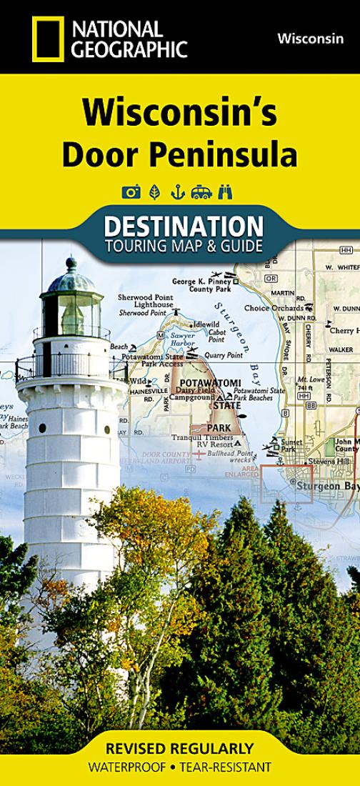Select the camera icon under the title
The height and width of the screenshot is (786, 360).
point(131,191)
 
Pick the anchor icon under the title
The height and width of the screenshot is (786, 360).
point(177,191)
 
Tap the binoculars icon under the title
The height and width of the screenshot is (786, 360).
point(226,191)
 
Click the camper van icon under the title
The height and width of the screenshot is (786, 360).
point(201,191)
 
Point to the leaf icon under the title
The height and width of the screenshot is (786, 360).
point(154,191)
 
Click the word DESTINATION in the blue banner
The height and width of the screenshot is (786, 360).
point(184,227)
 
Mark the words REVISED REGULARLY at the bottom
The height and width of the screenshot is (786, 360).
point(179,749)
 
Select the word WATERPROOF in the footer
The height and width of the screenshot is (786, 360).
point(123,767)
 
